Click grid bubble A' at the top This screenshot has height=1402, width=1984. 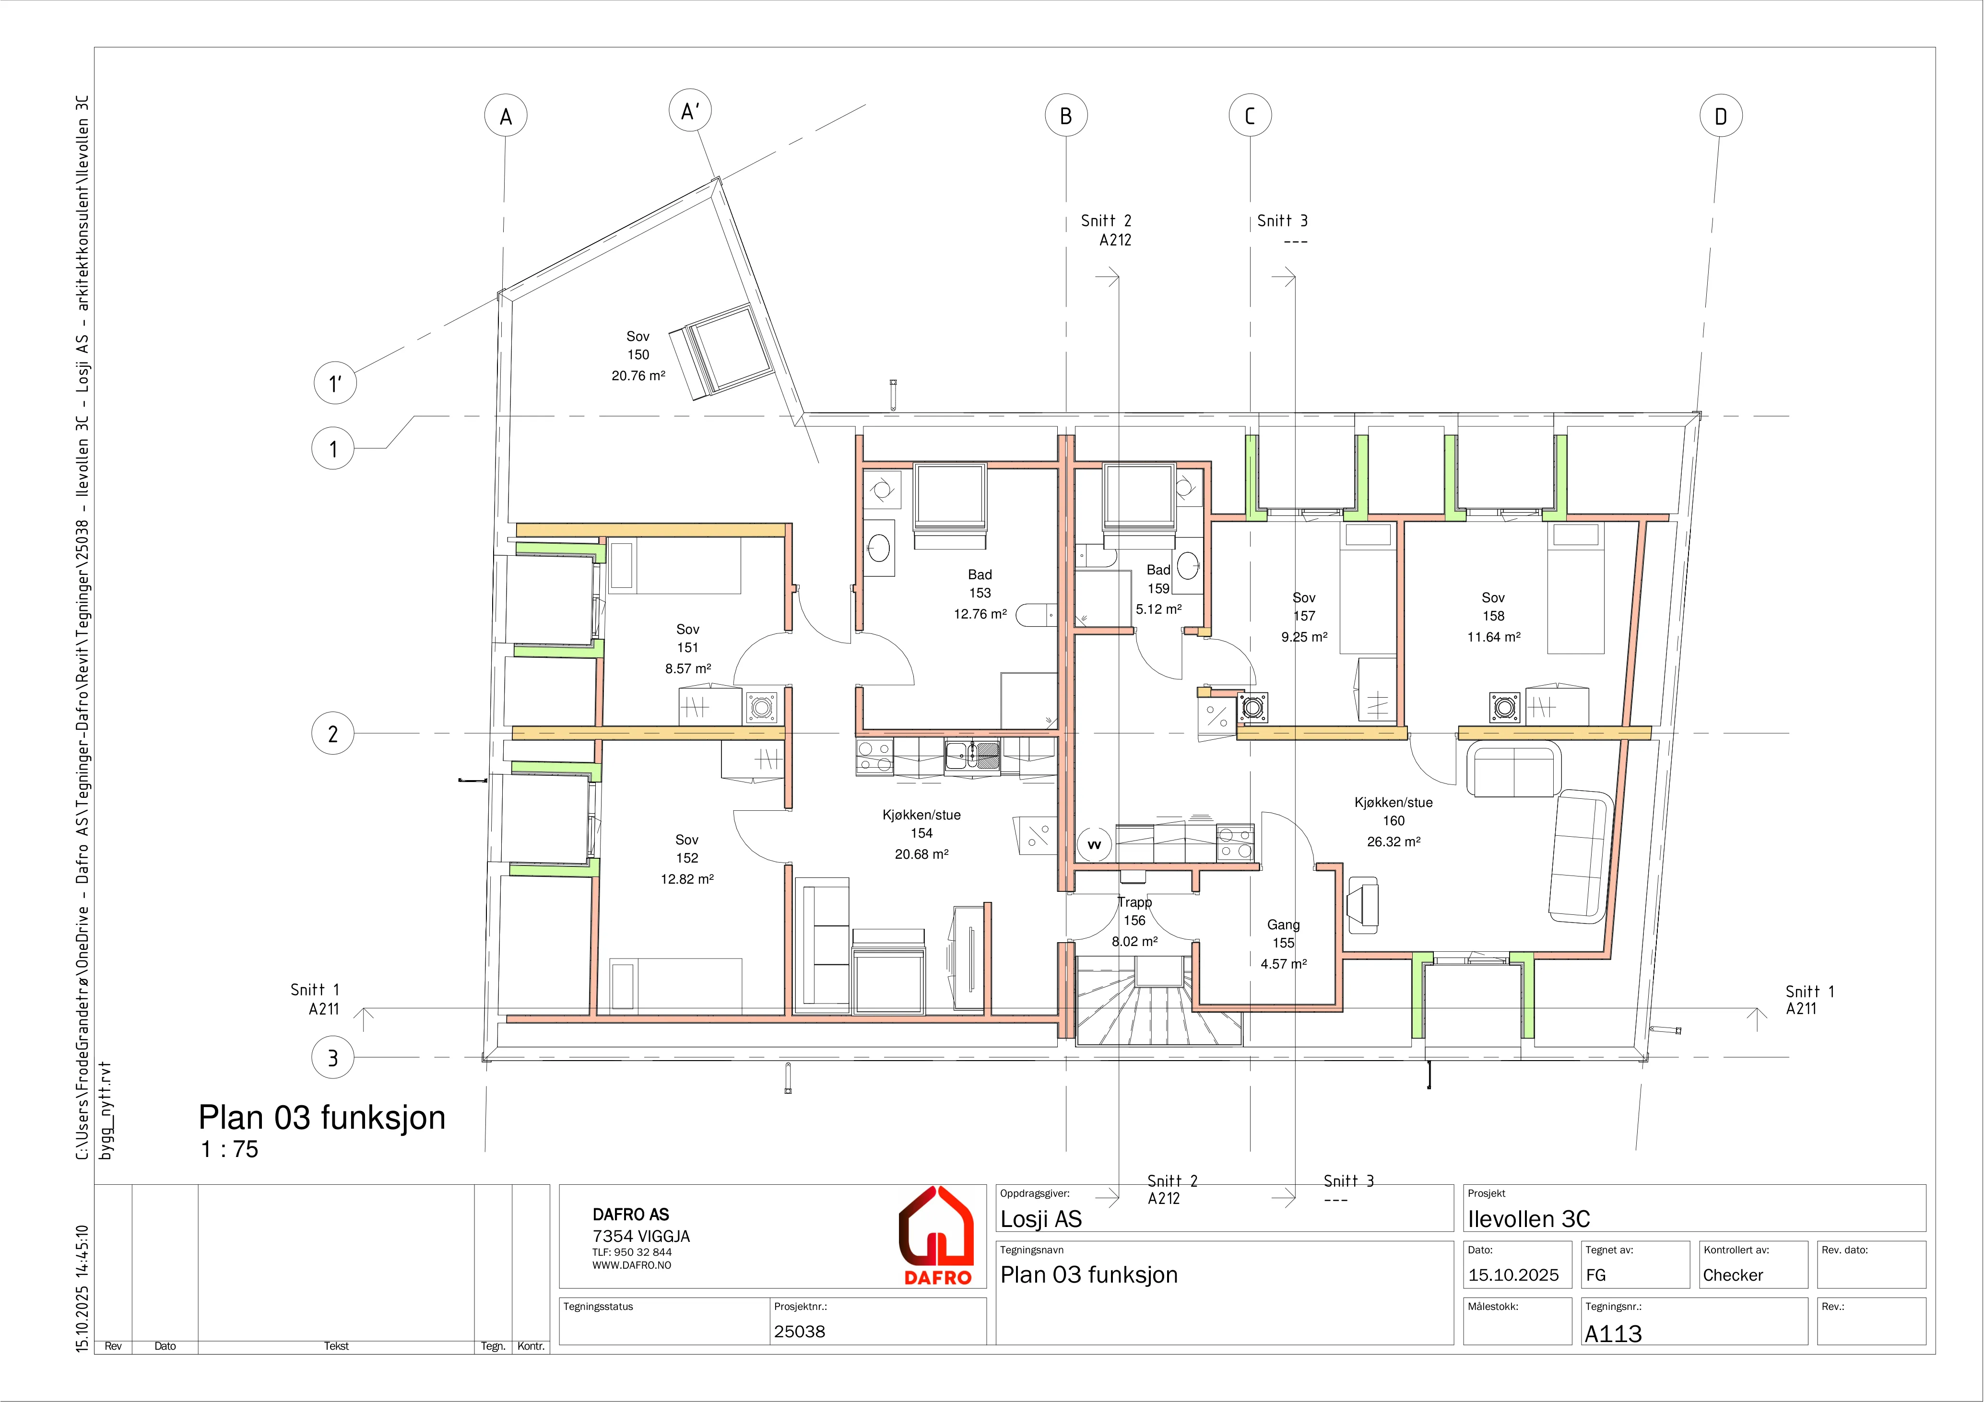[x=690, y=111]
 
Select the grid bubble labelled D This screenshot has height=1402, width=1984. [x=1721, y=116]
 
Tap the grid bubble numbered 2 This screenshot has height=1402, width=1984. [x=333, y=734]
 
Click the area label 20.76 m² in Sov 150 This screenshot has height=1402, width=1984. [x=638, y=376]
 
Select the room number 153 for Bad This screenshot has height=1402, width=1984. [x=980, y=593]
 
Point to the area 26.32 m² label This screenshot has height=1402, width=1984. [x=1394, y=841]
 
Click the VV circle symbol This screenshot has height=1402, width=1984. [x=1094, y=845]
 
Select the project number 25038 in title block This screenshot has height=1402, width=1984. [x=799, y=1331]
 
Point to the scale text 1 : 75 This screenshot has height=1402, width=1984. [x=230, y=1149]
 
